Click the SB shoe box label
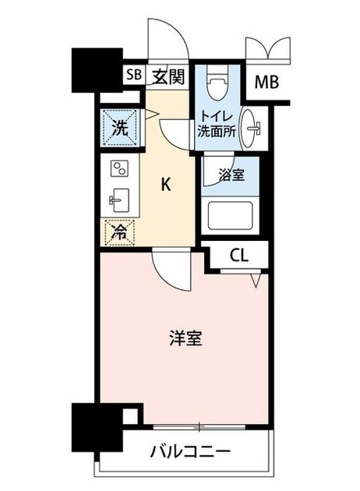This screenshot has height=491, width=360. click(x=134, y=75)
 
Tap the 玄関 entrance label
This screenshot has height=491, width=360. click(x=168, y=76)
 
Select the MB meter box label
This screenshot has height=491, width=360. click(x=266, y=83)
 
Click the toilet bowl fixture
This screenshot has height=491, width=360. click(x=218, y=82)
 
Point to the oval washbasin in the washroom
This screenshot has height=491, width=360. click(x=250, y=129)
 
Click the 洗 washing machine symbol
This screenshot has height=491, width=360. click(x=121, y=128)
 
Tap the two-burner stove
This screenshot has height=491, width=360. click(x=120, y=168)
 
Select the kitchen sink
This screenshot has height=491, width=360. click(x=119, y=200)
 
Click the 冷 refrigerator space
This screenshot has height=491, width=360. click(x=120, y=233)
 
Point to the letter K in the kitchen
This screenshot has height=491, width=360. click(x=166, y=184)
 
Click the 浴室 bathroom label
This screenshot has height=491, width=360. click(x=231, y=175)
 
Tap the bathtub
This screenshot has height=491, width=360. click(x=230, y=216)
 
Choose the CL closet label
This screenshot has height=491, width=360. click(x=239, y=256)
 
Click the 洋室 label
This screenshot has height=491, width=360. click(x=186, y=338)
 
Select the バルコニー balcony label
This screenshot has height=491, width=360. click(x=190, y=451)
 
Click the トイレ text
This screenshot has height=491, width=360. click(x=217, y=117)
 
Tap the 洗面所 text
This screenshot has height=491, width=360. click(x=217, y=132)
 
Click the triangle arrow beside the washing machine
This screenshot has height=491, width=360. click(x=152, y=114)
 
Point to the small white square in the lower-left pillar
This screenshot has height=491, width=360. click(x=129, y=416)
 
